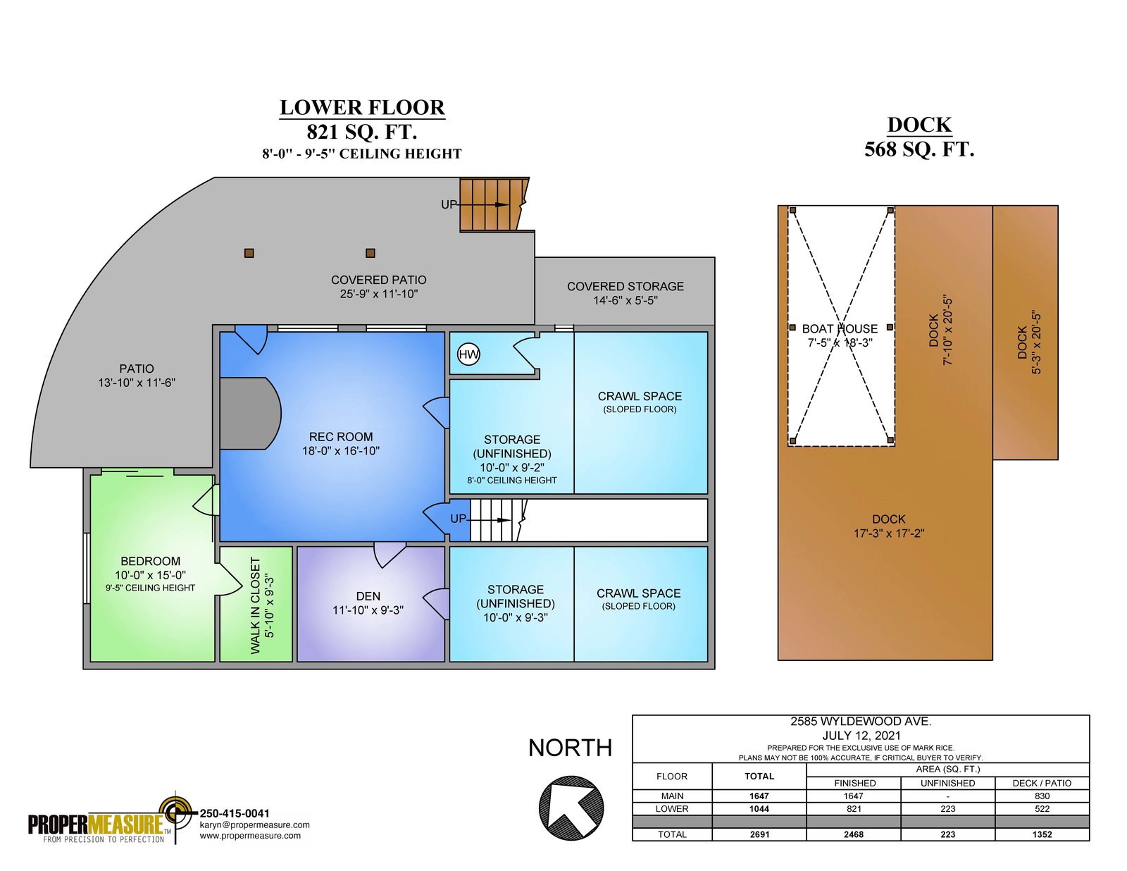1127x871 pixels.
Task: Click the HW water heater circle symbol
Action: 468,354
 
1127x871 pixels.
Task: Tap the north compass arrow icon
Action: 571,808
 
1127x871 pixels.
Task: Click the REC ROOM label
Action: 341,437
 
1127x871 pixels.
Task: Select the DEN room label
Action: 368,596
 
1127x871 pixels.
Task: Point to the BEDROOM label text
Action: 151,561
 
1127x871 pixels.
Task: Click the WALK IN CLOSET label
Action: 255,605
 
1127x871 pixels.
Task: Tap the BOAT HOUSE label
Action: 840,328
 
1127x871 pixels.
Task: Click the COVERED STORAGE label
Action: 625,286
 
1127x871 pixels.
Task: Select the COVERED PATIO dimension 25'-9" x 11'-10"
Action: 379,294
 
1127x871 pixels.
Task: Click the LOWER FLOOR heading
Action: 362,107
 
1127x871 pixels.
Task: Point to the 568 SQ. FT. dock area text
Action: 919,149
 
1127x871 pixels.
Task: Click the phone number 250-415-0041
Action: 235,813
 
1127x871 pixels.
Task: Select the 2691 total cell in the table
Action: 759,834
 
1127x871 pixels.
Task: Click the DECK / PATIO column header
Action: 1042,783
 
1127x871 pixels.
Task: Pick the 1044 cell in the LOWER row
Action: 759,809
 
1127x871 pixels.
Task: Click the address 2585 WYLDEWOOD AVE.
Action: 861,721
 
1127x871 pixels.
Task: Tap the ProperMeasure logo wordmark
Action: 96,823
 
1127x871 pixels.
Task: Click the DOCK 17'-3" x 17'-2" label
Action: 888,526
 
